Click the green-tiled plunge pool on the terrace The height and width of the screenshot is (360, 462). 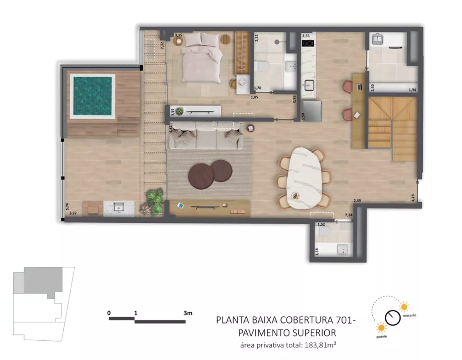[x=92, y=96]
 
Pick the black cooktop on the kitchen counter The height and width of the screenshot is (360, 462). [x=308, y=43]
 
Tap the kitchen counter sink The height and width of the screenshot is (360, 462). [x=308, y=85]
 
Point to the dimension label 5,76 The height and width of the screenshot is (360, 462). [x=67, y=206]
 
